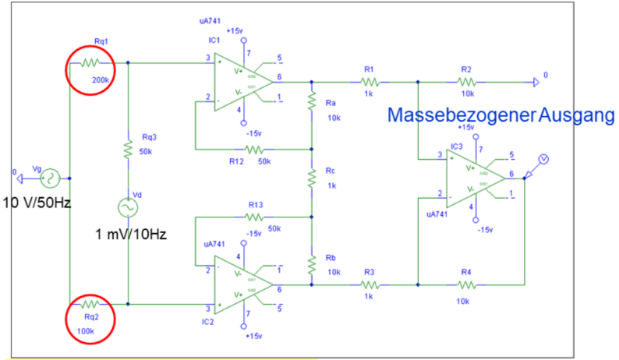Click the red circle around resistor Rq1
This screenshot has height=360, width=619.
pos(91,69)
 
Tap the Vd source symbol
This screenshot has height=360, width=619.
pos(126,208)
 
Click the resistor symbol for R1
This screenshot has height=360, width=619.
pos(370,80)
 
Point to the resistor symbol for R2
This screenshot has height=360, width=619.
pos(465,80)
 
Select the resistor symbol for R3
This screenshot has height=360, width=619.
pos(370,284)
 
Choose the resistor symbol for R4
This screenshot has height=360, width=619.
pos(465,284)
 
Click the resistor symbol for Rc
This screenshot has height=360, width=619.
pos(311,178)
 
